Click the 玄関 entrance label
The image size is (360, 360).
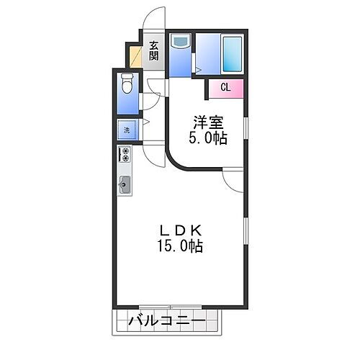[x=154, y=52]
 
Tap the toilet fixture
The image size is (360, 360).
[x=127, y=85]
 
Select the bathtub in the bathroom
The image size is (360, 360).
[x=232, y=53]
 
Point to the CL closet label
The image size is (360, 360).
[x=225, y=88]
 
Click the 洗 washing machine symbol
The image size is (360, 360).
[x=126, y=131]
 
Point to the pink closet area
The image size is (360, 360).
[x=226, y=89]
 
